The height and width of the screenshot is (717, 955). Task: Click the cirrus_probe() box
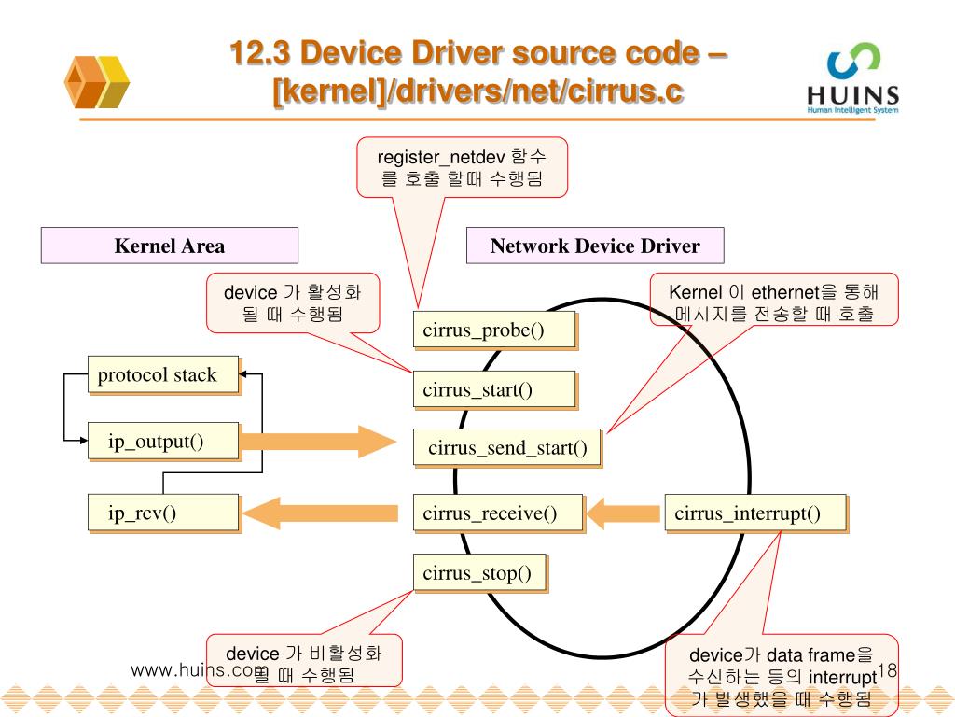(493, 330)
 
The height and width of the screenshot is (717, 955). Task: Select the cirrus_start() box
(493, 389)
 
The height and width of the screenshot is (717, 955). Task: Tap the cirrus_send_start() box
(507, 449)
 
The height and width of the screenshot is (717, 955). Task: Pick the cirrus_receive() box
(498, 513)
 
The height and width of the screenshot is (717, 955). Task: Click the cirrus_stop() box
(479, 572)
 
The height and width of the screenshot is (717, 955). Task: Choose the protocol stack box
(163, 375)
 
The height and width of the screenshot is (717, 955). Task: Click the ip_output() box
(163, 442)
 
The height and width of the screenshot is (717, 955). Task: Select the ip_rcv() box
(163, 513)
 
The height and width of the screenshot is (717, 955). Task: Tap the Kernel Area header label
(169, 246)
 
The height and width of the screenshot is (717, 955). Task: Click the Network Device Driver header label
(595, 246)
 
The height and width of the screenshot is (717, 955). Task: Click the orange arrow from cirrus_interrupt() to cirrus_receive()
(623, 513)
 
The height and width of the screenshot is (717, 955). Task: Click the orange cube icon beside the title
(96, 81)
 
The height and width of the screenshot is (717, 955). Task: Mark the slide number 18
(886, 670)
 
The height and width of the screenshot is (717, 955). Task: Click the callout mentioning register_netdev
(462, 167)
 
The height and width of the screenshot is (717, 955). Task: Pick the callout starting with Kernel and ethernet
(773, 301)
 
